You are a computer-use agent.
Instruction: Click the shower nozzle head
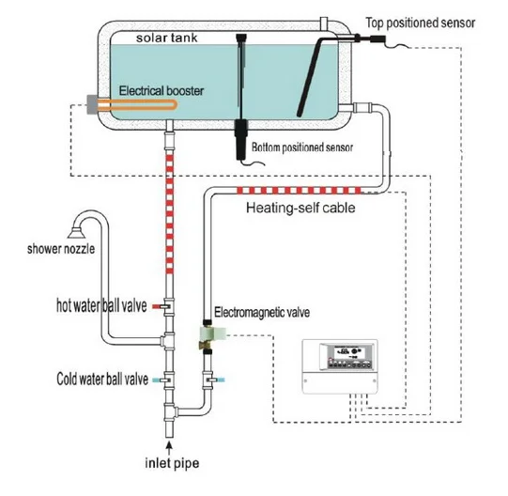[x=77, y=232]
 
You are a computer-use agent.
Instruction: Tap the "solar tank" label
[x=166, y=38]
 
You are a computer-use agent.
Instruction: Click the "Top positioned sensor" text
[x=420, y=23]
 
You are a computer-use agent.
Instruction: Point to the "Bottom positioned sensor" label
[x=302, y=147]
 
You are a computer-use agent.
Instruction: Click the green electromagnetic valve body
[x=212, y=333]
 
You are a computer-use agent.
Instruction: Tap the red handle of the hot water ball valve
[x=158, y=306]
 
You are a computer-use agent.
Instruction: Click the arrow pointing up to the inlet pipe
[x=169, y=448]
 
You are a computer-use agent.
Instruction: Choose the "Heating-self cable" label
[x=300, y=208]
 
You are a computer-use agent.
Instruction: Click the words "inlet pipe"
[x=172, y=463]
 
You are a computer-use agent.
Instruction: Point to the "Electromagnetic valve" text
[x=262, y=312]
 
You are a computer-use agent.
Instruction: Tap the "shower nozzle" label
[x=61, y=249]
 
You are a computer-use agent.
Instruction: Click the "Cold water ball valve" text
[x=102, y=379]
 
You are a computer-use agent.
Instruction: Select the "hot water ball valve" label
[x=101, y=305]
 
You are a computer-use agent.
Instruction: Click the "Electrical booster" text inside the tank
[x=162, y=91]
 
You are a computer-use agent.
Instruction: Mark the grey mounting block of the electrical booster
[x=92, y=104]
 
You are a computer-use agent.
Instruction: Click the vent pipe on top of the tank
[x=324, y=24]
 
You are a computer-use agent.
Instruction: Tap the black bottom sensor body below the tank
[x=240, y=139]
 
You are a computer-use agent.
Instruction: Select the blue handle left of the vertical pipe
[x=158, y=380]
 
